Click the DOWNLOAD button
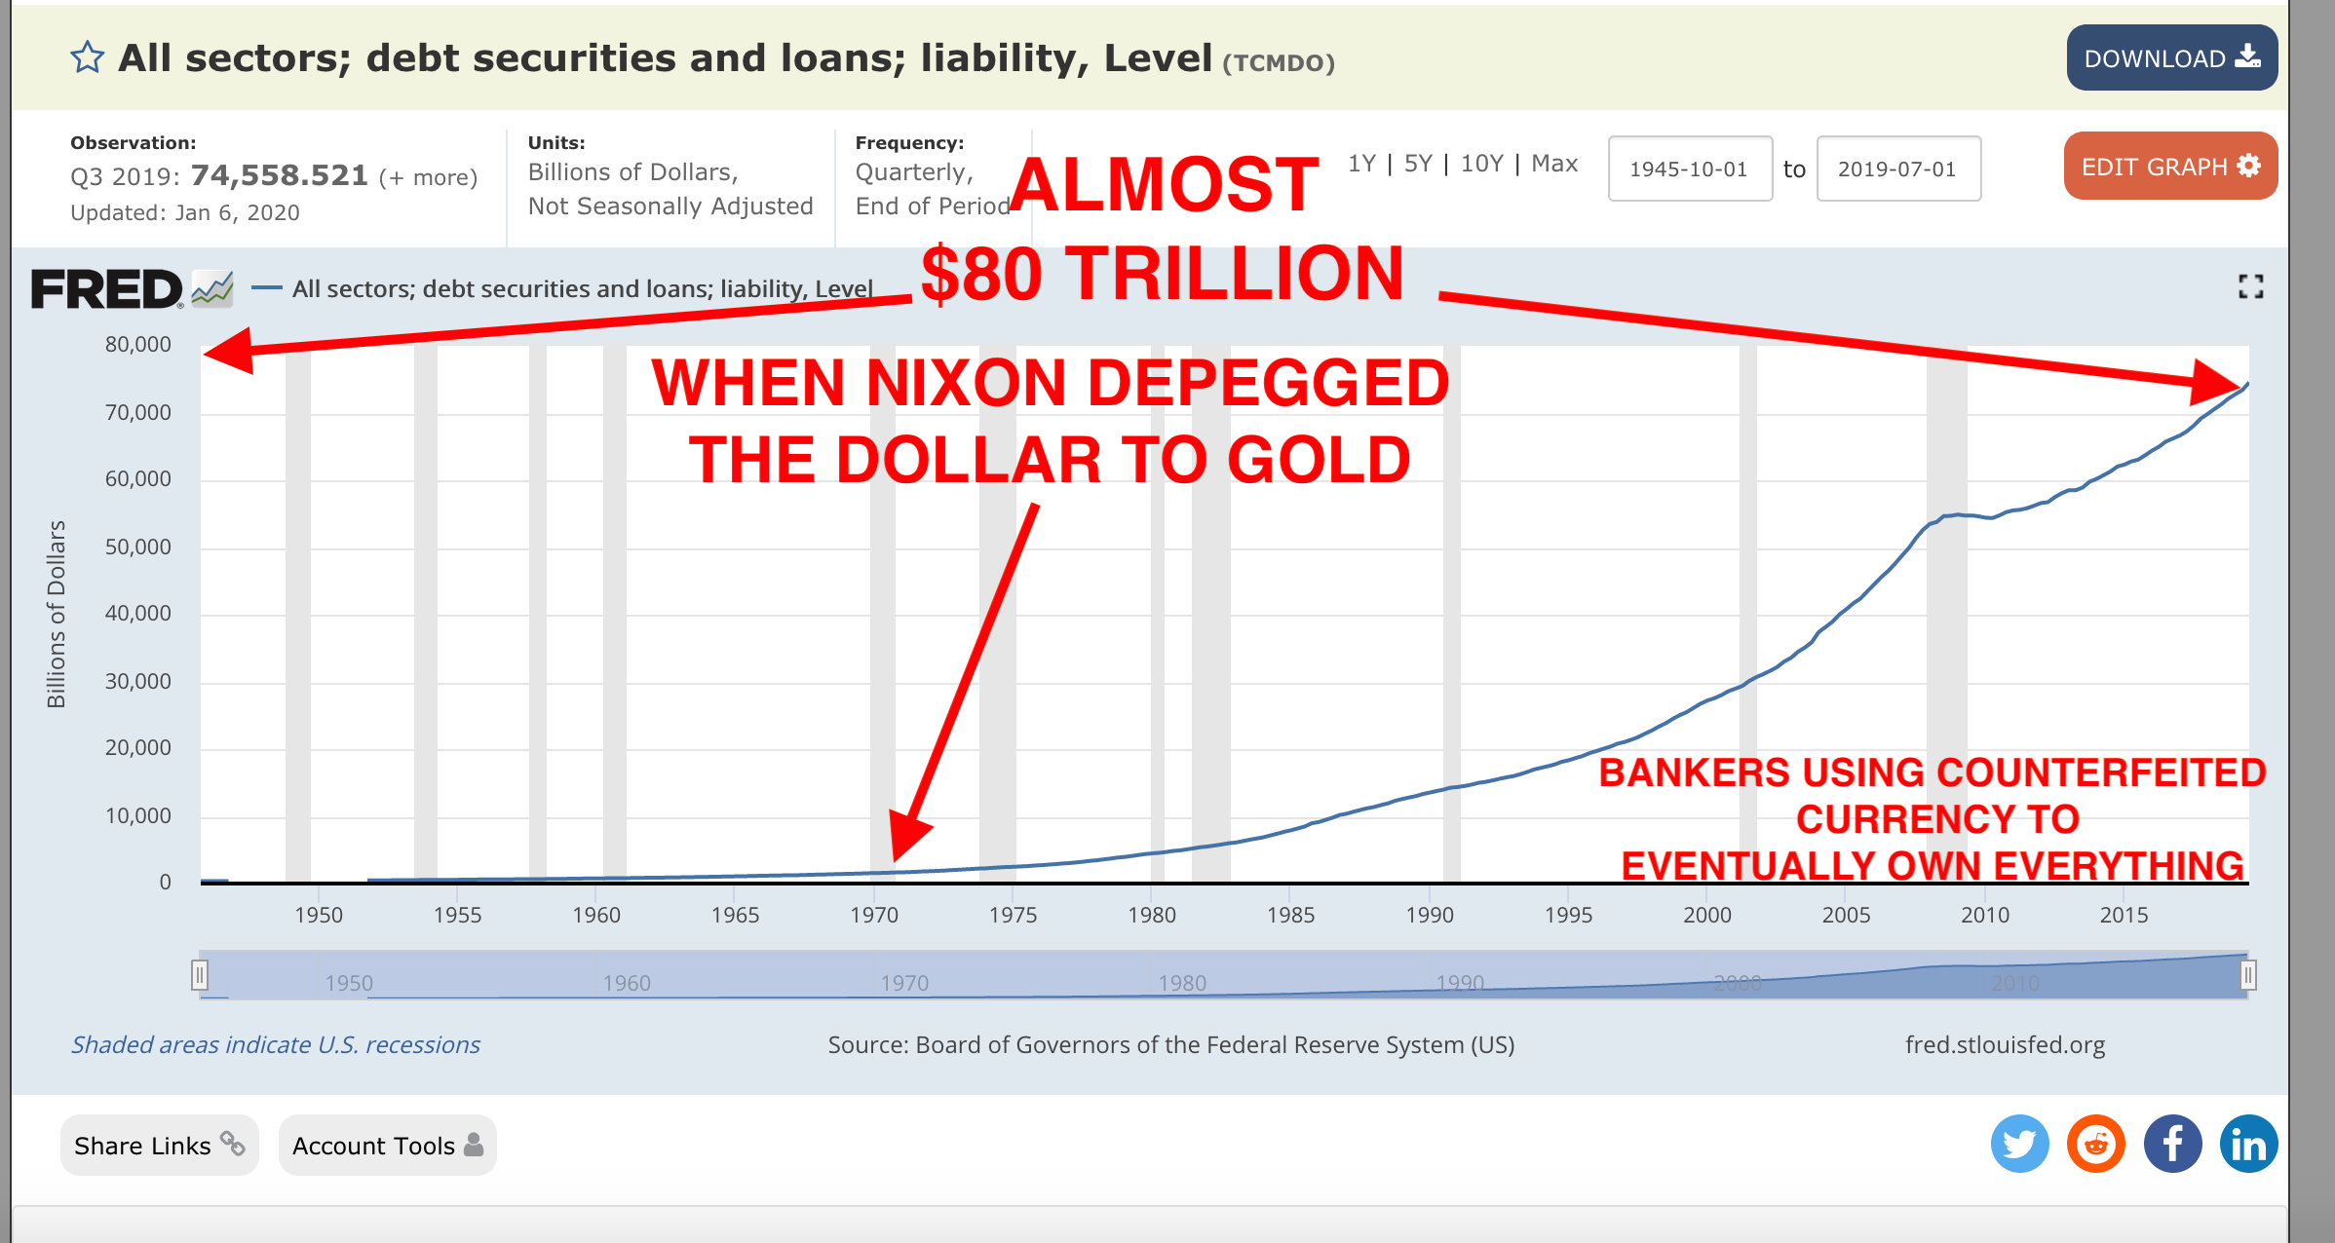coord(2171,57)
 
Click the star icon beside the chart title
coord(87,57)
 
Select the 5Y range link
coord(1417,164)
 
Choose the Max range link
coord(1554,164)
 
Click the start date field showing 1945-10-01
coord(1690,169)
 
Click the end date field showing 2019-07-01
coord(1897,169)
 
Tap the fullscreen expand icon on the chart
coord(2250,286)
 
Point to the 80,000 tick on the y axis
coord(138,345)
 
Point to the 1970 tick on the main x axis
coord(874,915)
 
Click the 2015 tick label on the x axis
coord(2124,915)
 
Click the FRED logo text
coord(106,289)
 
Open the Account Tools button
coord(387,1145)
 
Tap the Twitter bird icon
coord(2019,1144)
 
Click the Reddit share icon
coord(2095,1144)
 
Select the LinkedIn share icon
coord(2248,1144)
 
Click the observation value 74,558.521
coord(280,175)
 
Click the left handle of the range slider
coord(200,975)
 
